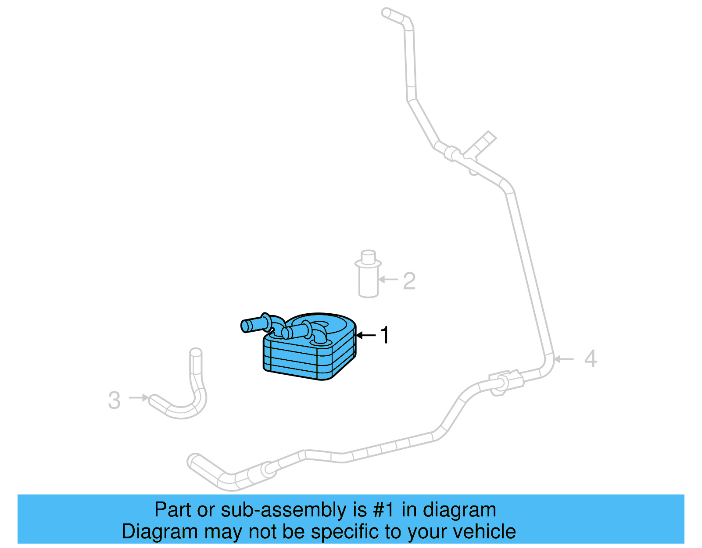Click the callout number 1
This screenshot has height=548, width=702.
tap(384, 335)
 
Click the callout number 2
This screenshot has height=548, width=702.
tap(409, 281)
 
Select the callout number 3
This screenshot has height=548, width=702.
tap(114, 400)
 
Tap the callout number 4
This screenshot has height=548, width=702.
tap(591, 358)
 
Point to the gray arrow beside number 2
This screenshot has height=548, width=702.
tap(388, 279)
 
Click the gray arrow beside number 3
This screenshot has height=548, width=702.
tap(139, 398)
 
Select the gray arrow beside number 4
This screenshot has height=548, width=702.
tap(564, 359)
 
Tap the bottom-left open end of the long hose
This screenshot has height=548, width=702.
tap(196, 462)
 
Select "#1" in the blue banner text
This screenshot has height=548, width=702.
tap(384, 510)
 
